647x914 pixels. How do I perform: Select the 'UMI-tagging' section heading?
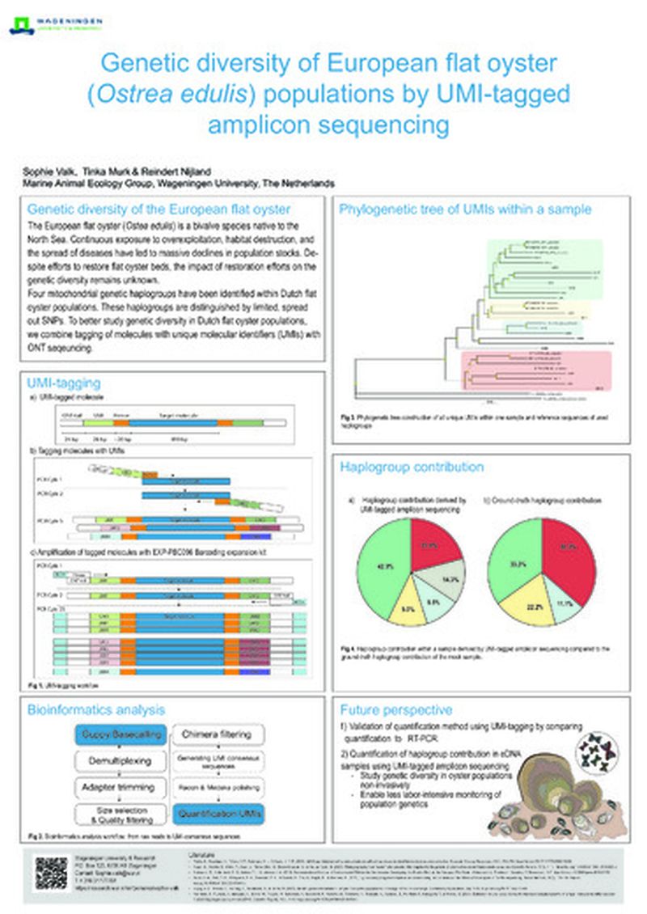[64, 383]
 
